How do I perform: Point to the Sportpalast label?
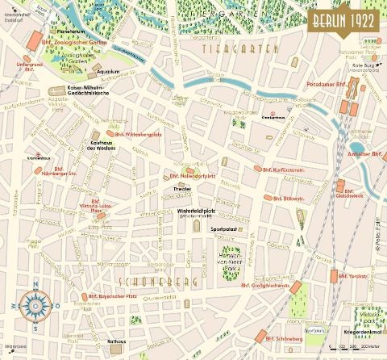tap(223, 228)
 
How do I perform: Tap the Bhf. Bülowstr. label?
tap(286, 197)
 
